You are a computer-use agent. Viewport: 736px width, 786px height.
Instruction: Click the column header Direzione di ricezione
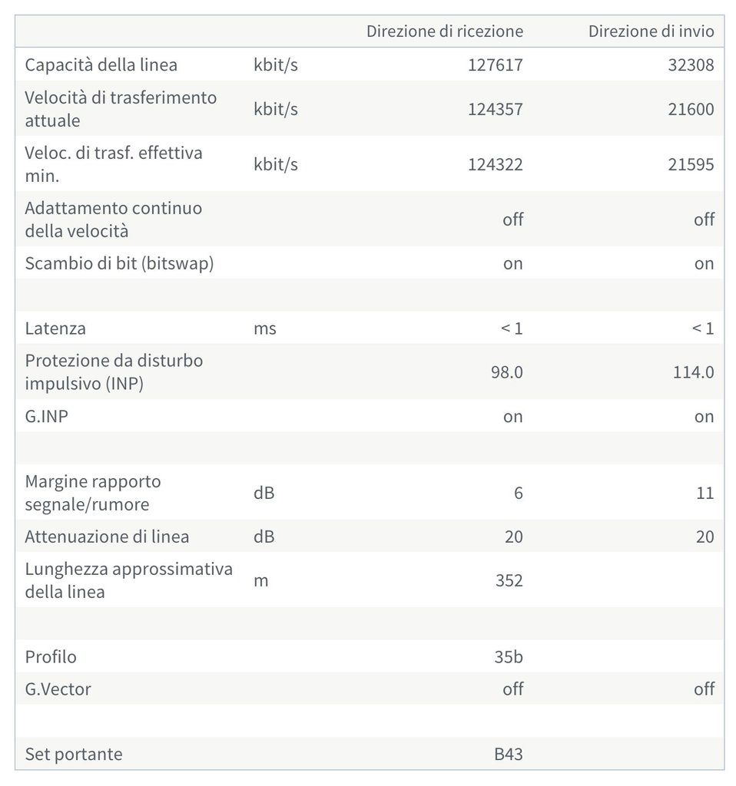444,31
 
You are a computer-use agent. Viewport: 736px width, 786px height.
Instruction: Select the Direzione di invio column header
651,31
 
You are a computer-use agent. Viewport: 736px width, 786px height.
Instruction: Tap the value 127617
495,64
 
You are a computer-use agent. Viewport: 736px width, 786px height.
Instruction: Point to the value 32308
691,64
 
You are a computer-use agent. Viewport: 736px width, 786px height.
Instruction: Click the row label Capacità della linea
101,64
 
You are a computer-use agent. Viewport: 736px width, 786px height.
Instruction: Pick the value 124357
495,109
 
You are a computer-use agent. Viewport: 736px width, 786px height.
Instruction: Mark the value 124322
495,164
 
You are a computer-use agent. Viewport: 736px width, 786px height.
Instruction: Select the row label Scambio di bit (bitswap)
119,263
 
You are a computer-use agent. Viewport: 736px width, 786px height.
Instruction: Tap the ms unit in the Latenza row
264,329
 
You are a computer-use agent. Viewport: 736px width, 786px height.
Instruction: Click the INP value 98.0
506,372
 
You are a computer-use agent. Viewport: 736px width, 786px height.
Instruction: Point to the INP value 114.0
694,372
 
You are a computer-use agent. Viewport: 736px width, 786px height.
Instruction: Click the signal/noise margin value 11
705,493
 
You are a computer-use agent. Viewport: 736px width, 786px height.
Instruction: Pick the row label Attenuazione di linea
107,537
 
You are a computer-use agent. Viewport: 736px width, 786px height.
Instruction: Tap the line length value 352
509,580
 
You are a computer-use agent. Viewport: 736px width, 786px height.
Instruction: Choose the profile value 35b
509,657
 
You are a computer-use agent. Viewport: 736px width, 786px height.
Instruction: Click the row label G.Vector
58,689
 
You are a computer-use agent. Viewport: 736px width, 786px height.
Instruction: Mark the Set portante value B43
509,754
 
